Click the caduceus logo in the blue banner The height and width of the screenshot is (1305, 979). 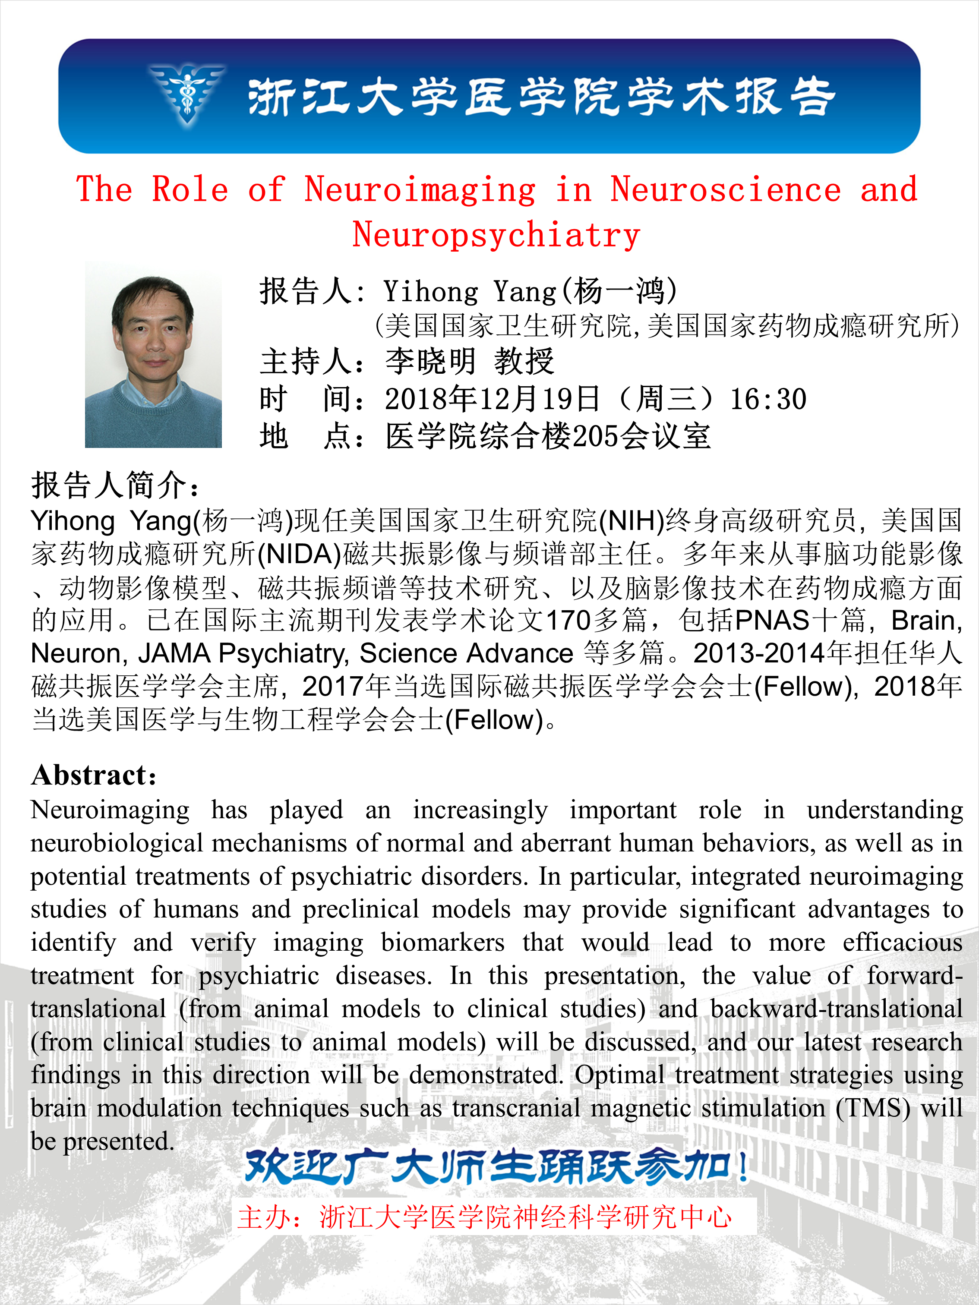coord(188,95)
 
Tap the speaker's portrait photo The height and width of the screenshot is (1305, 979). coord(153,354)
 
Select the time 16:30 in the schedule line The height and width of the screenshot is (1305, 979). coord(768,400)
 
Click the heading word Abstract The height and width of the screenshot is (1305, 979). coord(93,775)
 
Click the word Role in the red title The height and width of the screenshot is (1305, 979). coord(189,189)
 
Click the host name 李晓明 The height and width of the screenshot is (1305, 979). coord(430,362)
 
